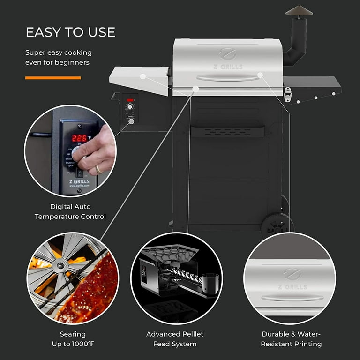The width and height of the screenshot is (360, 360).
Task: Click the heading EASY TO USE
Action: coord(70,32)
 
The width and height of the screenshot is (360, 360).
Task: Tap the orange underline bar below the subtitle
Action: coord(53,78)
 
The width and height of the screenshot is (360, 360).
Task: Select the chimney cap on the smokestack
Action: coord(299,11)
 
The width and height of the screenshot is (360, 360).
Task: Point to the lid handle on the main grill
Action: coord(228,77)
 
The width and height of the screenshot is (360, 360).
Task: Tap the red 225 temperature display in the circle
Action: coord(80,138)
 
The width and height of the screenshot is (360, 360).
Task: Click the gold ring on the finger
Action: coord(99,169)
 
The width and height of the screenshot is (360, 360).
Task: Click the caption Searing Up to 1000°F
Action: coord(73,339)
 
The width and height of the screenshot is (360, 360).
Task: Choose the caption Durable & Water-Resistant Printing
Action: coord(292,339)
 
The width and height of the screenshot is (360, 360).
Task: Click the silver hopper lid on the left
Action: coord(139,77)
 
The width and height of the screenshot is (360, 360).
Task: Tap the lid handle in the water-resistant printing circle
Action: coord(292,298)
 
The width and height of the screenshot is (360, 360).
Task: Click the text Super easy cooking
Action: coord(59,52)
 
